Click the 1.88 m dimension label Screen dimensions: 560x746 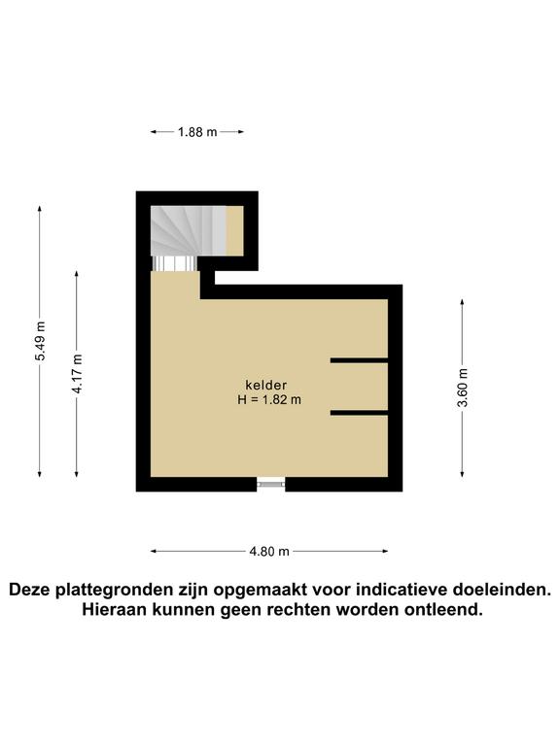197,132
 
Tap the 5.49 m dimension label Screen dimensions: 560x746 41,341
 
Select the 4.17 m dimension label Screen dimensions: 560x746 77,374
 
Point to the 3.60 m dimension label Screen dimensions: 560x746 463,388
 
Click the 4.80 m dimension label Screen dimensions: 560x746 269,552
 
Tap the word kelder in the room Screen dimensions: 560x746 265,385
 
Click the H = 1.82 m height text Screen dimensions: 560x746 269,399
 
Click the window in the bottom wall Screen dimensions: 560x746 270,485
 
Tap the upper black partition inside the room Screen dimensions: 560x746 359,360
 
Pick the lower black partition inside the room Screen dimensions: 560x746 359,413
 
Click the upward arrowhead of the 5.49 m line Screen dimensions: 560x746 40,210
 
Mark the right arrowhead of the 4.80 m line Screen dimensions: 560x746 384,552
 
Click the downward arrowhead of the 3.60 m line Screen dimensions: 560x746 462,473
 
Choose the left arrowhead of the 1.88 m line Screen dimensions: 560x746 155,132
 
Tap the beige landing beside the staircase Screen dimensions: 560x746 234,231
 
